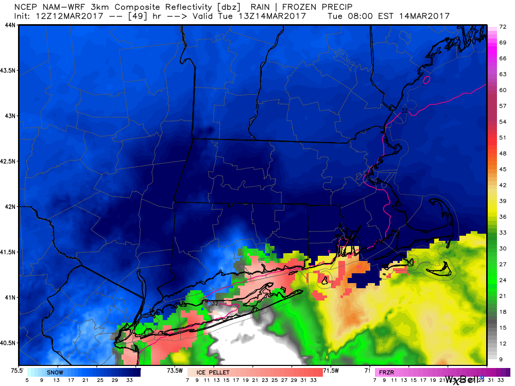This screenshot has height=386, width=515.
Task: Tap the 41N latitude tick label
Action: click(10, 297)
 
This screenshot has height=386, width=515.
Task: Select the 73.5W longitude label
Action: click(175, 370)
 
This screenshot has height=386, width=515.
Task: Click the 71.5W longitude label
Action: click(331, 370)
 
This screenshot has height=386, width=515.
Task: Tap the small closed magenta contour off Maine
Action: click(426, 80)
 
